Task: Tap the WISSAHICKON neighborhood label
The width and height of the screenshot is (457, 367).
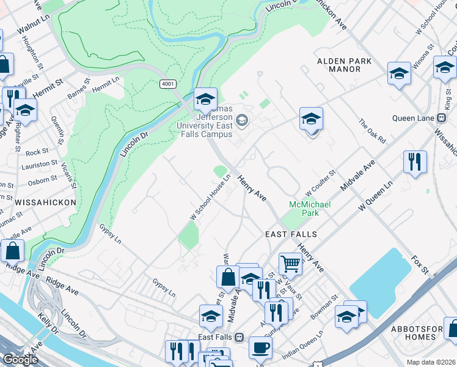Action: (38, 202)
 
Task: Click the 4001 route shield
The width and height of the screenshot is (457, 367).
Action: (168, 83)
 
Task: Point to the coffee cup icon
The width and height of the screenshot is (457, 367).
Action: (260, 347)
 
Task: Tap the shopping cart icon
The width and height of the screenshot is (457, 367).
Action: (290, 264)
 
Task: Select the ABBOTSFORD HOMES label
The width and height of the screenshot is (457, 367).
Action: (423, 332)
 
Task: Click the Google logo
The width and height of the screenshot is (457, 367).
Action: (21, 360)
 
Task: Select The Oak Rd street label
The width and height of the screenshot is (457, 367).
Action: (372, 130)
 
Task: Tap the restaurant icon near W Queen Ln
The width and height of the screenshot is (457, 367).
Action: (415, 162)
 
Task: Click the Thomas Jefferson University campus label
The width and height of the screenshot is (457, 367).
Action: (205, 125)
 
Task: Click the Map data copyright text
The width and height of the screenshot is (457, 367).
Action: (430, 362)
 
